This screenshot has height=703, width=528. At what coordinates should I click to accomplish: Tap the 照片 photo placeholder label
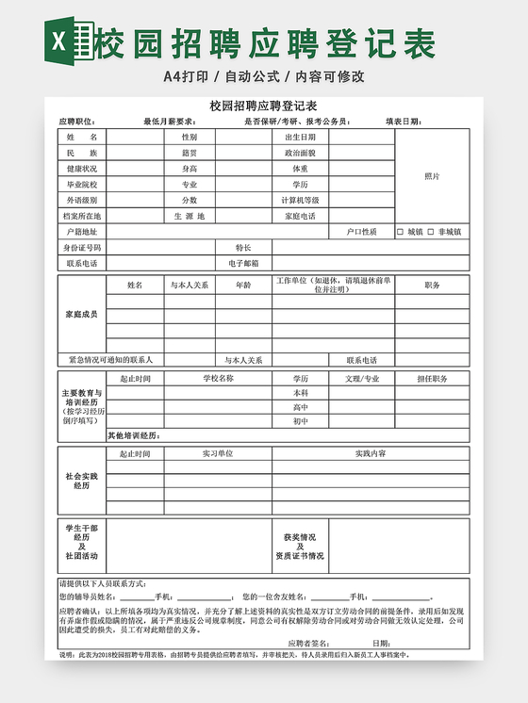point(432,176)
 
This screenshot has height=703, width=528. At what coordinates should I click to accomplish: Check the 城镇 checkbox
point(400,232)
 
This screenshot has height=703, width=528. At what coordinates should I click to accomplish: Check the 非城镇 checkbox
point(431,232)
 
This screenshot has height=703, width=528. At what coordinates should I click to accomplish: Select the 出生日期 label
point(300,137)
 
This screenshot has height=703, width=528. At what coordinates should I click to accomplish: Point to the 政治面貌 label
point(300,153)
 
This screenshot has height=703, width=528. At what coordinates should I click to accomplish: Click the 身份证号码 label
point(81,248)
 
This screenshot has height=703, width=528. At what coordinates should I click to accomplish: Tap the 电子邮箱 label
point(243,264)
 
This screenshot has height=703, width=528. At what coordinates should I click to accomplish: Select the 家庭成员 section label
point(81,314)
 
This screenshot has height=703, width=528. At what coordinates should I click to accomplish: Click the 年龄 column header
point(243,285)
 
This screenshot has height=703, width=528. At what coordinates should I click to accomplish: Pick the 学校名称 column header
point(218,379)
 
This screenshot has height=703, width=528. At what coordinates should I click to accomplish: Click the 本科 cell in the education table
point(300,393)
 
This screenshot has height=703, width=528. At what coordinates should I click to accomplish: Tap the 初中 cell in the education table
point(300,421)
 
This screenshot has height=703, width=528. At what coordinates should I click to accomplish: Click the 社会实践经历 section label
point(81,481)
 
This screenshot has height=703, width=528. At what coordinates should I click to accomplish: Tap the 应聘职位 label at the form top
point(76,122)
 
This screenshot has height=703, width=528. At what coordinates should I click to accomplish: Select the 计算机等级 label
point(300,200)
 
